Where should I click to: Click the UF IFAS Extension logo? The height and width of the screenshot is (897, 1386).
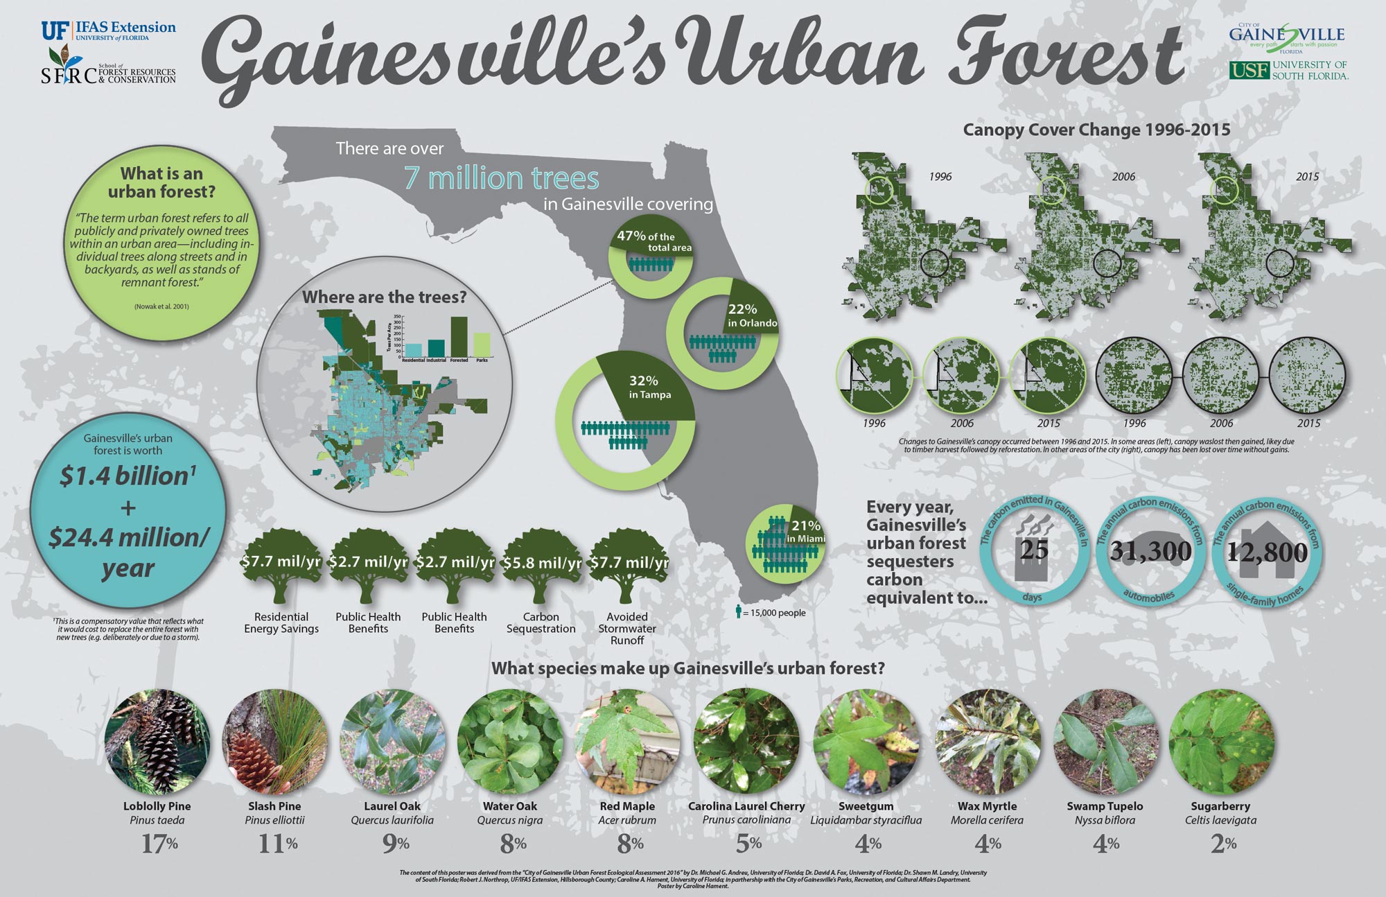(109, 31)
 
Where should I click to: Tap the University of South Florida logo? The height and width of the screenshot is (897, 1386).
(1288, 70)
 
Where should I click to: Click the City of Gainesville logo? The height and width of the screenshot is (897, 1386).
(1287, 35)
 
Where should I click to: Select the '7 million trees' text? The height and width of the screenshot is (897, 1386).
(501, 178)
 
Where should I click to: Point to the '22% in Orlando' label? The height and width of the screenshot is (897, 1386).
(751, 315)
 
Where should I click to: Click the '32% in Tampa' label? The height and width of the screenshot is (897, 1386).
(649, 387)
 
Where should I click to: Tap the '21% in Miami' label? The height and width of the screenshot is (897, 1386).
(805, 531)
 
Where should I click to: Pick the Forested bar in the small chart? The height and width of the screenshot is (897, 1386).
(459, 336)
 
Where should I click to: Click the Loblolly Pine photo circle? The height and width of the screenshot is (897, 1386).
(157, 741)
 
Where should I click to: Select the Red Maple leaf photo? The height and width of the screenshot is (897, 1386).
(627, 741)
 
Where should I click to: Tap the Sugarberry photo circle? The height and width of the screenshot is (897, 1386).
(1221, 741)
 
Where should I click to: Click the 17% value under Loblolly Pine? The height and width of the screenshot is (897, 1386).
(159, 844)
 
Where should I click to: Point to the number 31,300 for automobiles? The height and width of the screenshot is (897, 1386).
(1150, 551)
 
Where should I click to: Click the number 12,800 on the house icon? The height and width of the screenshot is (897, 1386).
(1267, 552)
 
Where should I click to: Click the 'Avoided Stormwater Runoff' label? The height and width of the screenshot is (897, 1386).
(627, 628)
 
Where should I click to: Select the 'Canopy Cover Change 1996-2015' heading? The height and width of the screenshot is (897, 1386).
(1096, 130)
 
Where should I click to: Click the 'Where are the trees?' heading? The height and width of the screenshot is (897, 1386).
(384, 297)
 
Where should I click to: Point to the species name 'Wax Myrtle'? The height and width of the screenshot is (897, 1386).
(987, 806)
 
